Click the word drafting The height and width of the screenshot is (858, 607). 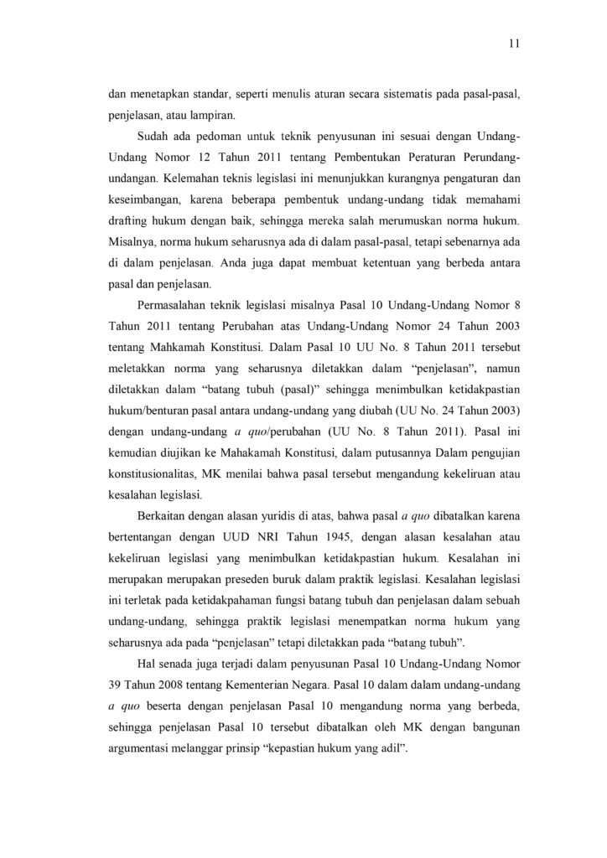pyautogui.click(x=127, y=221)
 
